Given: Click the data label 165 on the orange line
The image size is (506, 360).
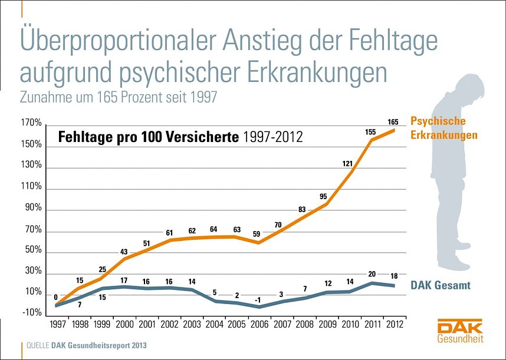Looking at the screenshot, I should click(x=393, y=122).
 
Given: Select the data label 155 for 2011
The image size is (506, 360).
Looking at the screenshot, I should click(x=370, y=133).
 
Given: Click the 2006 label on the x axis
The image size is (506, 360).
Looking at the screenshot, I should click(x=259, y=323).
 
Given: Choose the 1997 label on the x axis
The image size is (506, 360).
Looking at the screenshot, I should click(x=58, y=323).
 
